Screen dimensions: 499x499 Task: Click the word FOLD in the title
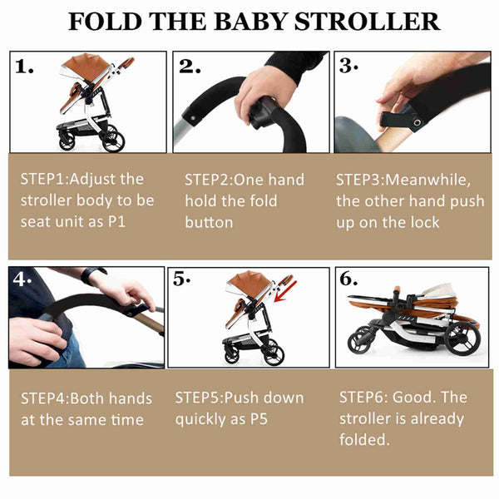(103, 22)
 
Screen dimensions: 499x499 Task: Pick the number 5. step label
(181, 280)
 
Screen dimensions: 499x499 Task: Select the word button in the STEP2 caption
(209, 222)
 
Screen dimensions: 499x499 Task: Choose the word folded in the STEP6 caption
(365, 439)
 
